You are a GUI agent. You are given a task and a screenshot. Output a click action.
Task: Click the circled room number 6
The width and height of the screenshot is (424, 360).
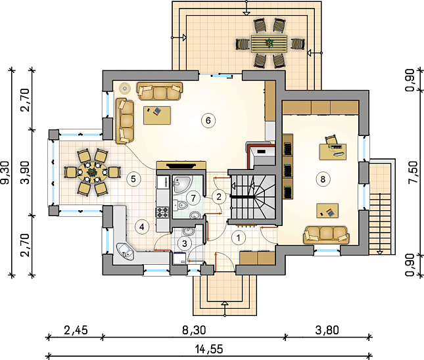tap(208, 120)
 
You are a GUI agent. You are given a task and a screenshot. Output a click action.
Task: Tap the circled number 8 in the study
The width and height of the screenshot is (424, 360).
tap(323, 179)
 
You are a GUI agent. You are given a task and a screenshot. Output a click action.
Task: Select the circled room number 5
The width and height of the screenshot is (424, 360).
tap(133, 179)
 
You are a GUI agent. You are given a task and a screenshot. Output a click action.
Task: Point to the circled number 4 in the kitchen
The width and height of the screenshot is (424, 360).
tap(142, 227)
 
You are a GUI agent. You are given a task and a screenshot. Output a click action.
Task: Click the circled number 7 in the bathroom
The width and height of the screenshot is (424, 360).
tap(193, 198)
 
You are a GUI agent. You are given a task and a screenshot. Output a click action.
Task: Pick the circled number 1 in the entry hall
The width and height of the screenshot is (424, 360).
tap(238, 238)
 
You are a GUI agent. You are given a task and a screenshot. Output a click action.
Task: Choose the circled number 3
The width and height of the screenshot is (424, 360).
tap(185, 244)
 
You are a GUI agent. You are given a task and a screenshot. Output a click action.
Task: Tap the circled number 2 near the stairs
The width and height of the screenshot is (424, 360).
tap(219, 196)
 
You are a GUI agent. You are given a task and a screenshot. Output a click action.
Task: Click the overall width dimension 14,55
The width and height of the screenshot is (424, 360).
tap(209, 349)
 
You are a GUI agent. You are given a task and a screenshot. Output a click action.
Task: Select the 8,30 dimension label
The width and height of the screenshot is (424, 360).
tap(194, 330)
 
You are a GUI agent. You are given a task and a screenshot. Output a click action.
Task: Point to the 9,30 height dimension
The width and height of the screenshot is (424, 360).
tap(5, 173)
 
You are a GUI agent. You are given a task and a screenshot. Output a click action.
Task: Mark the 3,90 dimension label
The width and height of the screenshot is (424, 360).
tap(26, 173)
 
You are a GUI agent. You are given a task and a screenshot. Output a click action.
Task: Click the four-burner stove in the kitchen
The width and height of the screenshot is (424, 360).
tap(162, 212)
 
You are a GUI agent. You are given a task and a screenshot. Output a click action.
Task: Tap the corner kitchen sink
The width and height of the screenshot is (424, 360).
tap(125, 251)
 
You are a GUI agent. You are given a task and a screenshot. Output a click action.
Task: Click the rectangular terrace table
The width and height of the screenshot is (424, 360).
tap(269, 43)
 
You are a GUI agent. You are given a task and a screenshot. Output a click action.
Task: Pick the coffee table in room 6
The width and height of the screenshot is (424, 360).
tap(157, 116)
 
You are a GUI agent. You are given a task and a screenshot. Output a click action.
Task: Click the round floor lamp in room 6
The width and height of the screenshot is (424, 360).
tap(124, 88)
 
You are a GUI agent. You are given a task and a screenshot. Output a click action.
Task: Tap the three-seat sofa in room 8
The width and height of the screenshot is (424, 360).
tap(326, 235)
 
